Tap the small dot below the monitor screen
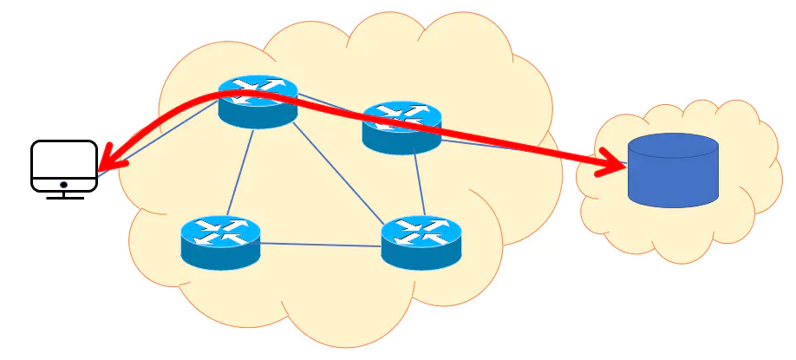point(63,185)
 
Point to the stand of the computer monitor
point(63,195)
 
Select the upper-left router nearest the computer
point(258,101)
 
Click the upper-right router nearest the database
point(401,128)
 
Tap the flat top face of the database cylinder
point(674,145)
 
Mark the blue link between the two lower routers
point(321,244)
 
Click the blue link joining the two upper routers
point(329,106)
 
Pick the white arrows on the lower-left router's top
point(220,229)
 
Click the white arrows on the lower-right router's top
point(421,230)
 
